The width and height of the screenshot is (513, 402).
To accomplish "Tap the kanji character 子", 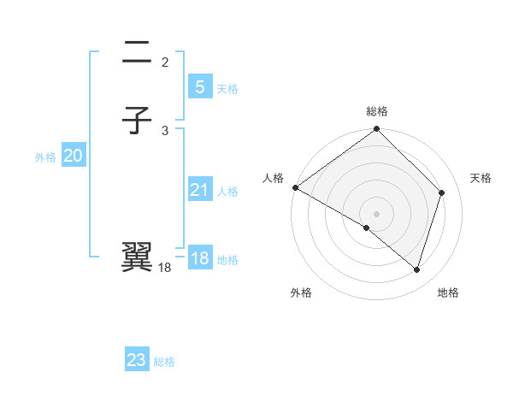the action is (x=139, y=121).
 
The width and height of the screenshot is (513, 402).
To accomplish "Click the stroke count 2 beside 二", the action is (x=165, y=62).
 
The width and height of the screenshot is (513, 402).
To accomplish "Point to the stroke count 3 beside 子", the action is (x=165, y=130).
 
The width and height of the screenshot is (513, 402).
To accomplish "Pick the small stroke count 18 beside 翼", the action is (x=165, y=268).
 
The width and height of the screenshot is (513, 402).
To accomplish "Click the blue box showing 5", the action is (x=199, y=86).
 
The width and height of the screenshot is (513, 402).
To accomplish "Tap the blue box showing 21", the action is (x=199, y=190).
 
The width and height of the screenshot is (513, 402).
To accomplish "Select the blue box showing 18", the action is (x=199, y=258).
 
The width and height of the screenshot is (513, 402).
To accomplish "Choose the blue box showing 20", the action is (x=73, y=156).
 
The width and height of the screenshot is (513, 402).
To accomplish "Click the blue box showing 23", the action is (x=137, y=360).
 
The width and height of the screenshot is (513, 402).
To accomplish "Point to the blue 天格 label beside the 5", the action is (x=227, y=88).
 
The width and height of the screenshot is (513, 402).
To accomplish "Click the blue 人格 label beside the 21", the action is (x=227, y=192).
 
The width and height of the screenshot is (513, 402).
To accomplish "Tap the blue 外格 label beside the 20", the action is (x=44, y=157).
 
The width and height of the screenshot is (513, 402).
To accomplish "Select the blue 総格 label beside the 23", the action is (x=164, y=362).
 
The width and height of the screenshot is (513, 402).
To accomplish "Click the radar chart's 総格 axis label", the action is (x=377, y=111).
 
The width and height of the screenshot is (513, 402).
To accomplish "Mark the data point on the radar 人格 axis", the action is (x=295, y=187).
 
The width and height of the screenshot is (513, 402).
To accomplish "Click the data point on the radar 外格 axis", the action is (x=367, y=228).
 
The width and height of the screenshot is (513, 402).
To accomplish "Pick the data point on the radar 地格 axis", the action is (x=417, y=269).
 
